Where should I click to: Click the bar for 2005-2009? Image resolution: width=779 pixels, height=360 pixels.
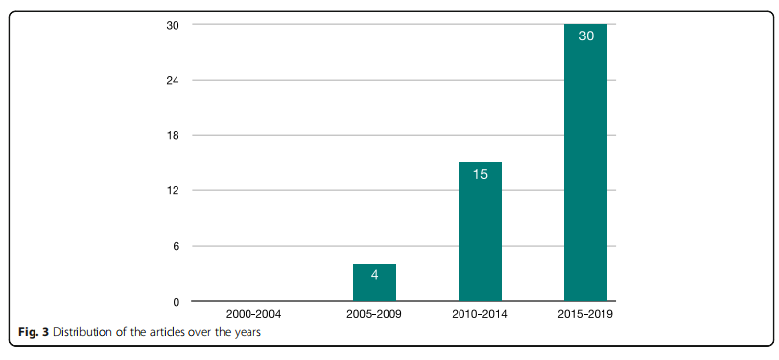(375, 282)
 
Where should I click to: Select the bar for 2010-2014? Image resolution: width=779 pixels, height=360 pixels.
(480, 231)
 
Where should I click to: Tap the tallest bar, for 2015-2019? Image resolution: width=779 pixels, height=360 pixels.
(586, 162)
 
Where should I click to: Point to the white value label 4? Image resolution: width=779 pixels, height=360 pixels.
(374, 275)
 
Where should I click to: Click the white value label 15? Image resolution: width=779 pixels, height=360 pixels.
(480, 174)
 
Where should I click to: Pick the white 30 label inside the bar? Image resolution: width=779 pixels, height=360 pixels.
(586, 36)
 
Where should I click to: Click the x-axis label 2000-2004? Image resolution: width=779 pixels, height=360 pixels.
(253, 315)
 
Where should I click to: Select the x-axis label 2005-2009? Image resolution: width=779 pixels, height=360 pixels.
(374, 315)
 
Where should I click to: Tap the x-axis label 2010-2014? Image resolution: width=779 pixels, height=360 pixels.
(480, 315)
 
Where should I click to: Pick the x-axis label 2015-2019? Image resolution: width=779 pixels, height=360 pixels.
(586, 315)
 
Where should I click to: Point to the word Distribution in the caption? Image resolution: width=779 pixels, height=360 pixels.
(78, 333)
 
